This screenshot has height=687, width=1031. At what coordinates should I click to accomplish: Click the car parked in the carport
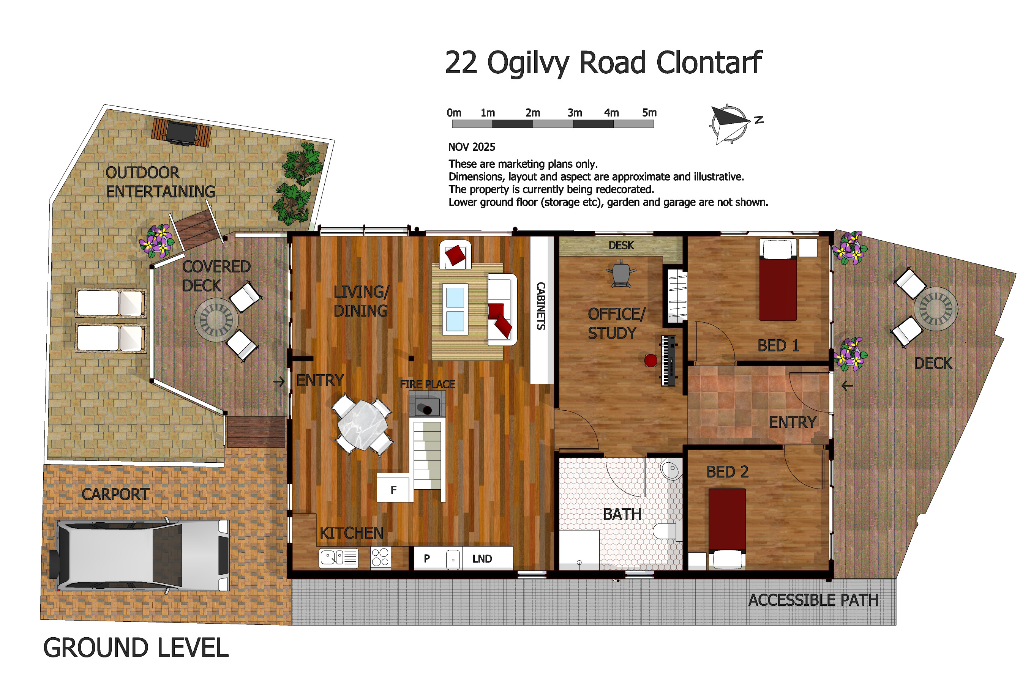(x=140, y=555)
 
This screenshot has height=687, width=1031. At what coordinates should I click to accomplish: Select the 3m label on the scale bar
(x=574, y=113)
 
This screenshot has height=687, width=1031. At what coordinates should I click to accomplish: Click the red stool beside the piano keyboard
(x=650, y=361)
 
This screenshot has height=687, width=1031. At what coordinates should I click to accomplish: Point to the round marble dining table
(x=363, y=425)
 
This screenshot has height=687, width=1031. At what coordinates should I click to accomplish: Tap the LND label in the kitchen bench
(x=482, y=559)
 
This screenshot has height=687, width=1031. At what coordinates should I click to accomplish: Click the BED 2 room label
(x=727, y=472)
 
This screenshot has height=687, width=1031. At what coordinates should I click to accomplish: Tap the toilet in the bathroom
(x=667, y=531)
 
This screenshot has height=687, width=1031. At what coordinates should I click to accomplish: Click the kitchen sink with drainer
(x=338, y=558)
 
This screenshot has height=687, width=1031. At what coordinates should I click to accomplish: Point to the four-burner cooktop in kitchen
(x=380, y=558)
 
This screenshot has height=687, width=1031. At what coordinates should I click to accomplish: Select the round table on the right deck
(x=935, y=309)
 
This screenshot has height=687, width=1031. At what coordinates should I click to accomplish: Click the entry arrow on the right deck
(x=847, y=386)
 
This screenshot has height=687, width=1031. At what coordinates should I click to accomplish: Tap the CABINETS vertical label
(x=541, y=306)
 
